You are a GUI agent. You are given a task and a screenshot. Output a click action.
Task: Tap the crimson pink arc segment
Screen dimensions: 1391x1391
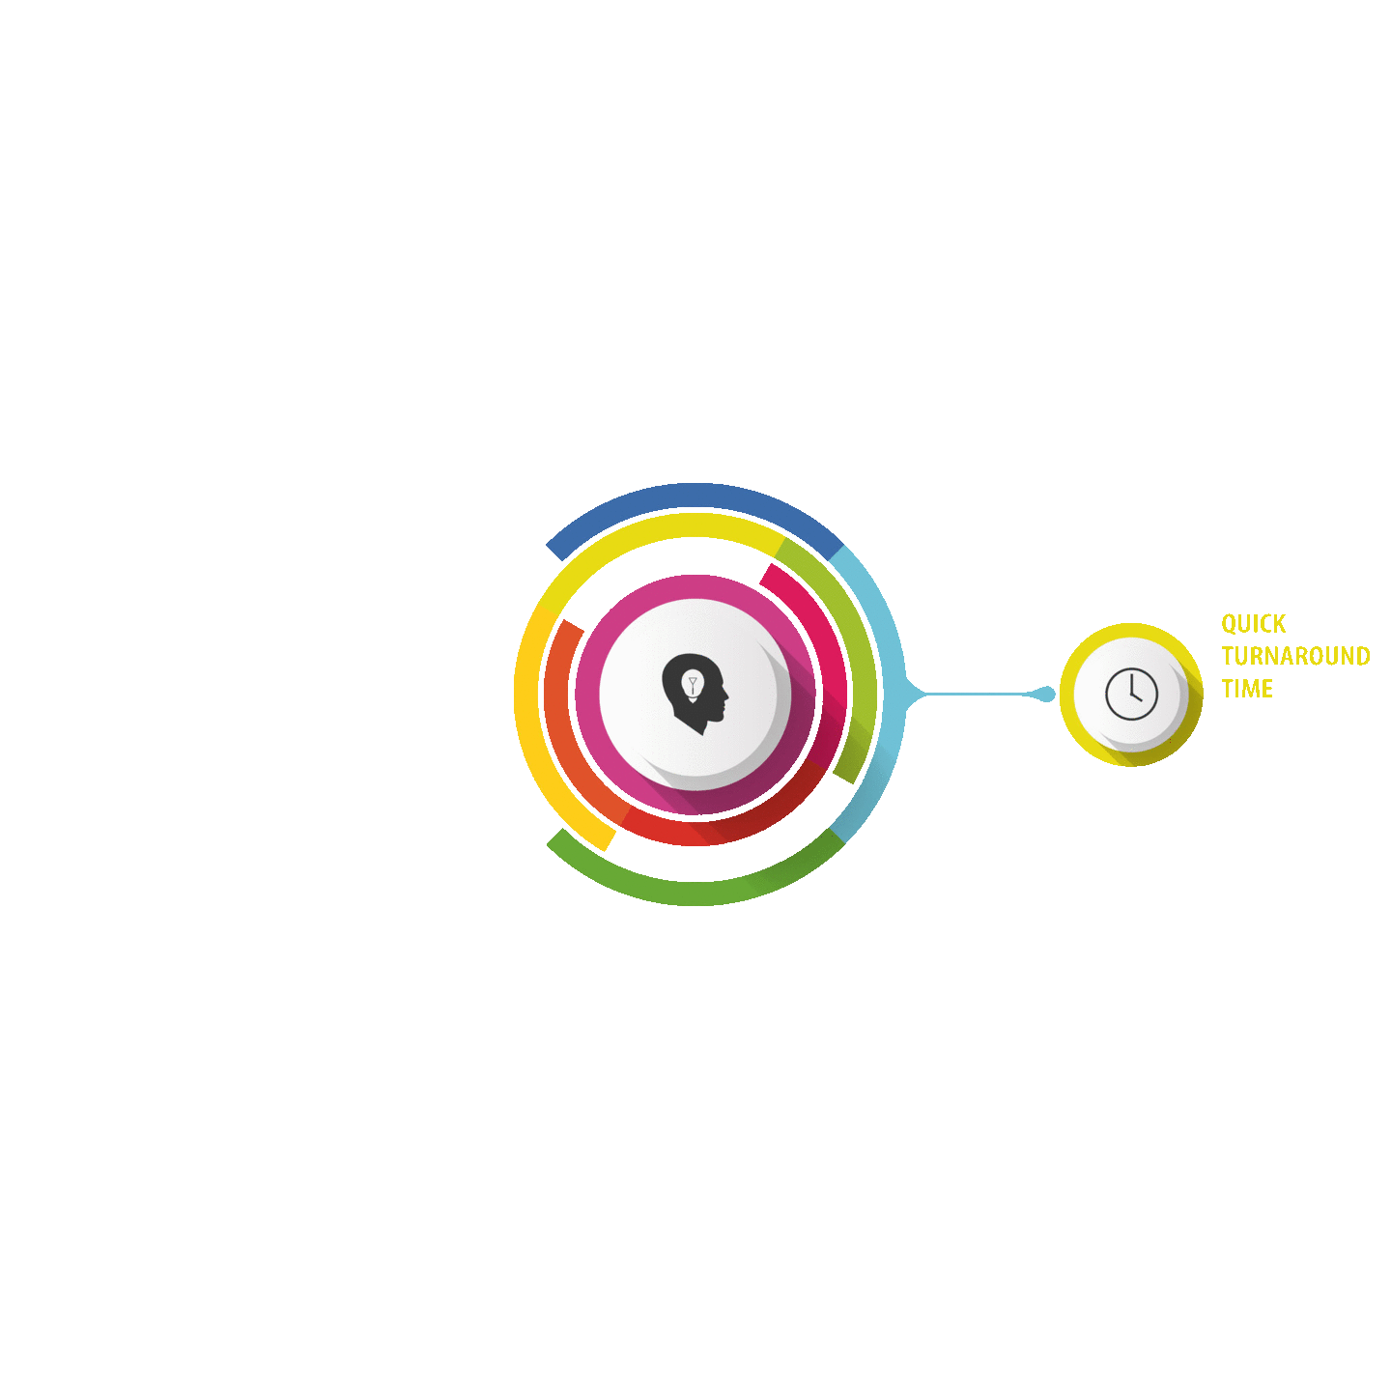pos(823,636)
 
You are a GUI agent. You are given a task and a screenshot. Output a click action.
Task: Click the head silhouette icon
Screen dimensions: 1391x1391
pos(695,693)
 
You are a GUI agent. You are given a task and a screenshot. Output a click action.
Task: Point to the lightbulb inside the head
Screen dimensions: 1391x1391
pos(693,684)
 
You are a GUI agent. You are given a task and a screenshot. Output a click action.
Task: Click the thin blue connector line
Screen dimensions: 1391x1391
pos(975,694)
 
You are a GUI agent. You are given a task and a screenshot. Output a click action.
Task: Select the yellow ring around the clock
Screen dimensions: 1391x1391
pos(1131,630)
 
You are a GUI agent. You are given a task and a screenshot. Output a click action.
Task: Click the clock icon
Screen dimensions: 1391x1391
pos(1131,694)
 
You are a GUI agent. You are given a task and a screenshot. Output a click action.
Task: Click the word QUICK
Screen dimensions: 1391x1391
pos(1253,624)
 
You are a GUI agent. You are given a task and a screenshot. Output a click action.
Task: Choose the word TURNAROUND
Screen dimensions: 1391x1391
pos(1295,656)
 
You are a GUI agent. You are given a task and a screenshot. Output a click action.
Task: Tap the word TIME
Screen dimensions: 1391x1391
pos(1247,688)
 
